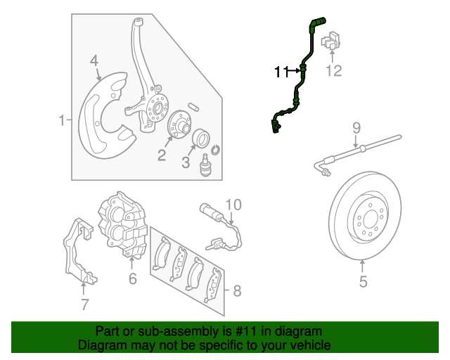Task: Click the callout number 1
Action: coord(62,120)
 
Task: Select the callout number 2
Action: coord(162,155)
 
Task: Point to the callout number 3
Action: coord(186,163)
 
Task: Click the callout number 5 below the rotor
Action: coord(363,283)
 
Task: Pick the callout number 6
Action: coord(132,280)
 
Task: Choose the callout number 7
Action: coord(84,304)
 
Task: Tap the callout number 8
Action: coord(236,290)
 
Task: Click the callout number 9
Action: coord(356,127)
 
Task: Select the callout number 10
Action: coord(233,205)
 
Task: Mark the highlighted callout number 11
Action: coord(282,71)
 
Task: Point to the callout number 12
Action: coord(333,70)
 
